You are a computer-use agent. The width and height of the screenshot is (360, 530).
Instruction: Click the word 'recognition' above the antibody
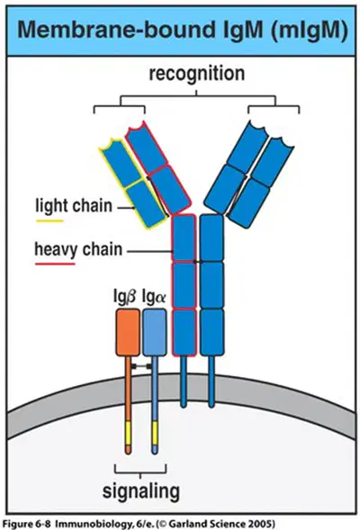[197, 74]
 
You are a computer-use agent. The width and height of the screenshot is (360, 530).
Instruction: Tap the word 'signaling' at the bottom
[141, 490]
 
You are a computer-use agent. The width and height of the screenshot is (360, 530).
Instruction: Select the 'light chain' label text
[74, 206]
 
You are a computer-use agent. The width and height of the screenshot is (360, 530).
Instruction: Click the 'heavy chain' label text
[78, 249]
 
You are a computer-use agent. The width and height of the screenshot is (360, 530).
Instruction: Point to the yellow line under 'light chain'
[49, 221]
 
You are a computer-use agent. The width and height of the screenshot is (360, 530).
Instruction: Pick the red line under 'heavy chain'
[55, 264]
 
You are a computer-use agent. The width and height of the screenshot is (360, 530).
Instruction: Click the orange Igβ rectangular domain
[128, 333]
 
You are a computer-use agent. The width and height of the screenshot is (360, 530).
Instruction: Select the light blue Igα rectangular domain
[155, 333]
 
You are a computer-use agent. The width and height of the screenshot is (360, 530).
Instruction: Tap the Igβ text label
[124, 297]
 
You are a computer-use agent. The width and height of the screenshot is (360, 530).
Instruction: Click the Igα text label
[154, 296]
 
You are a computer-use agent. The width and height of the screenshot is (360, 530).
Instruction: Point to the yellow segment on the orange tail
[128, 433]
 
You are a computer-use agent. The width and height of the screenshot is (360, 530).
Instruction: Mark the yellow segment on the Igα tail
[155, 433]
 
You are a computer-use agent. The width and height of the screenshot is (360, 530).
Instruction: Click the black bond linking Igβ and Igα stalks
[141, 366]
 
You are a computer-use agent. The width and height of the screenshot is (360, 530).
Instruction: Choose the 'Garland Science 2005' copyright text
[221, 525]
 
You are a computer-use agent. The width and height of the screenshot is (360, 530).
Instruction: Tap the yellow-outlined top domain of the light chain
[120, 162]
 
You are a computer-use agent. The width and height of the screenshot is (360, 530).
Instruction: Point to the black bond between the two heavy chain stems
[198, 261]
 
